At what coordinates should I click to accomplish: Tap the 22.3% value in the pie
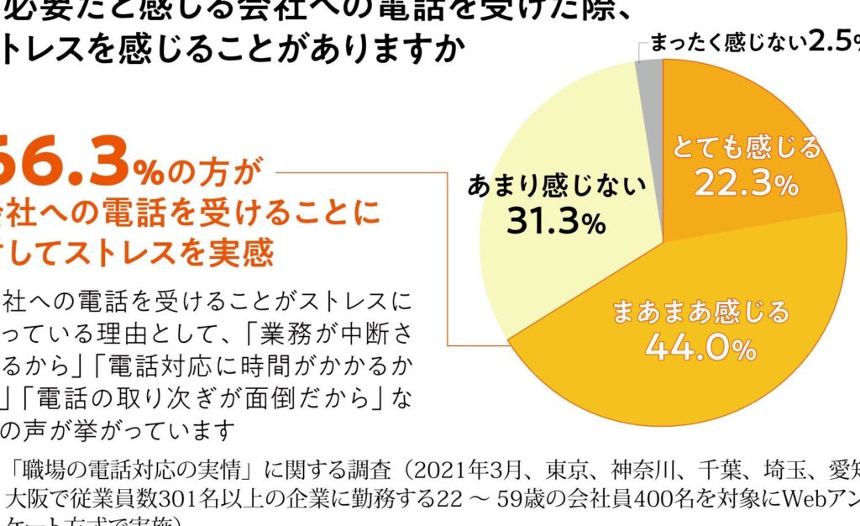(x=746, y=184)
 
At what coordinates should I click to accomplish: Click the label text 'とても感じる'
(x=747, y=149)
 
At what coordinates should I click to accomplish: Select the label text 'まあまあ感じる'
(x=700, y=312)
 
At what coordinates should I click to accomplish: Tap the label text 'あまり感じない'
(x=557, y=185)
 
